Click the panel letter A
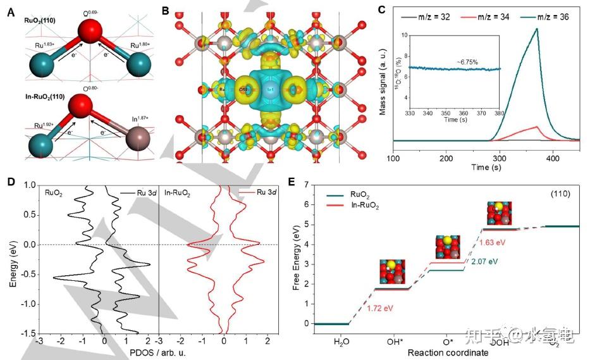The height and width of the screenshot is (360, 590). click(11, 10)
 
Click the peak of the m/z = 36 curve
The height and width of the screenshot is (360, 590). click(538, 28)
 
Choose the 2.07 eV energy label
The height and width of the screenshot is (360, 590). click(484, 261)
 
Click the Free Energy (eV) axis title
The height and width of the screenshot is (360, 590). click(297, 253)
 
